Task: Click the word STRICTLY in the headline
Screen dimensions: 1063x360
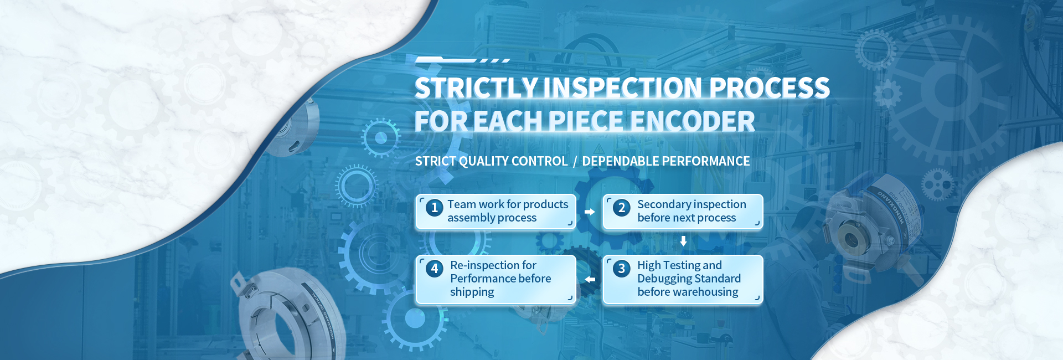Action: click(x=476, y=88)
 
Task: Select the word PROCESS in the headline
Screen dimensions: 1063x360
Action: click(x=769, y=88)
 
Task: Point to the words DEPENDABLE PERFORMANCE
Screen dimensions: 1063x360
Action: click(x=666, y=161)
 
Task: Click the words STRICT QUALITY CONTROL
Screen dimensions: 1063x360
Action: click(x=492, y=161)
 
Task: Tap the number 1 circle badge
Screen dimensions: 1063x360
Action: click(x=435, y=208)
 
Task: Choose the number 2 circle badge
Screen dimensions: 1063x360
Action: click(x=622, y=208)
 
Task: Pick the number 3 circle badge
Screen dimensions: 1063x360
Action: click(x=622, y=269)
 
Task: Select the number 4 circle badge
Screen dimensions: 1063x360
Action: click(x=435, y=269)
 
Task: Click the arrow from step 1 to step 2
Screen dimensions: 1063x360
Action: click(x=590, y=212)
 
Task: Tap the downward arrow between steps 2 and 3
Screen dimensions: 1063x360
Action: click(x=684, y=241)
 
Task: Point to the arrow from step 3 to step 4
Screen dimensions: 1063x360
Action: click(x=590, y=279)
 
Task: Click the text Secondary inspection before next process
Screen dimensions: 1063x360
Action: click(x=692, y=211)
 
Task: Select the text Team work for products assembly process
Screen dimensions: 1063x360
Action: click(x=508, y=211)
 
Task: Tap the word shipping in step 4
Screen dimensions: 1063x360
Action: click(x=472, y=292)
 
